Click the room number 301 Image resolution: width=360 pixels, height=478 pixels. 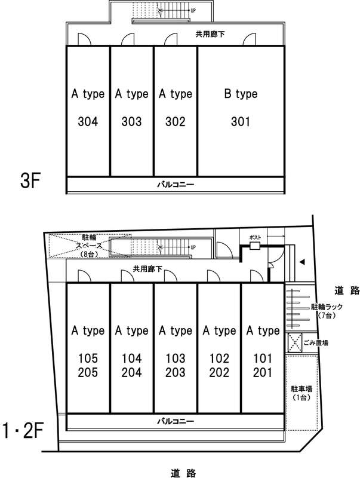240,122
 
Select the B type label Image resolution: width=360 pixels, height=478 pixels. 240,94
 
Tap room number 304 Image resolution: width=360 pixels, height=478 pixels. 88,122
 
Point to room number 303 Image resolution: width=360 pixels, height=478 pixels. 131,122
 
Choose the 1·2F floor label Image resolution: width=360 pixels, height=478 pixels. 26,430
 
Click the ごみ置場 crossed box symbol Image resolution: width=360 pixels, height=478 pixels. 294,343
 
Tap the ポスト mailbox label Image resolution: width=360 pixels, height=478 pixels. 256,237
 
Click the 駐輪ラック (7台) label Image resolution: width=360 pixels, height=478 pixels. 326,310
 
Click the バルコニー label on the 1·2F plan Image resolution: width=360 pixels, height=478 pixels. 175,421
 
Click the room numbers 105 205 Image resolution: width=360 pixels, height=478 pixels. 88,366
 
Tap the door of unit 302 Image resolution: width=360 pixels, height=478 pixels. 170,39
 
